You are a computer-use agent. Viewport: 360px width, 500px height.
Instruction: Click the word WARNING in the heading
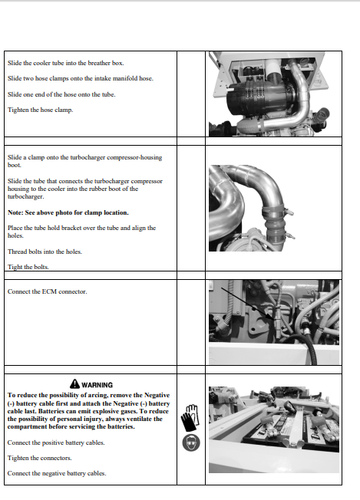(x=97, y=385)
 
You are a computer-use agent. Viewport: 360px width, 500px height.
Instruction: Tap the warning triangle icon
(x=74, y=383)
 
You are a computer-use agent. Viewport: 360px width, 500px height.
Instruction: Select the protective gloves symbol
(x=190, y=418)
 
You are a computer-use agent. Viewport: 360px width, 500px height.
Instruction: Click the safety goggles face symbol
(x=191, y=442)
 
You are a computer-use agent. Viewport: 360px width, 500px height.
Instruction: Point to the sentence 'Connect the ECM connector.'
(x=48, y=291)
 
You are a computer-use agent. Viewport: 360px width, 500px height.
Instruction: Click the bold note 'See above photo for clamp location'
(x=68, y=212)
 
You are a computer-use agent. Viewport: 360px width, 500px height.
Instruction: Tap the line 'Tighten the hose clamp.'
(x=40, y=110)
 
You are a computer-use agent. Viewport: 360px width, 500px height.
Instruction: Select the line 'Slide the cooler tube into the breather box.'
(x=66, y=63)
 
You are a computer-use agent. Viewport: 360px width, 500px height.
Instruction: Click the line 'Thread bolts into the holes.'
(x=45, y=252)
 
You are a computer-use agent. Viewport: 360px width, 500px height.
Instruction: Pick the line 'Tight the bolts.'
(x=28, y=267)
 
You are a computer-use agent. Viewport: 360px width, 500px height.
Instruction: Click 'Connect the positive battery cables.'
(x=56, y=442)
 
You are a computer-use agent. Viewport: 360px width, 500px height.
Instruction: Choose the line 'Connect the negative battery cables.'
(x=57, y=473)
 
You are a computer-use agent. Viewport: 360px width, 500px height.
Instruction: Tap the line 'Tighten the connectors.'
(x=40, y=458)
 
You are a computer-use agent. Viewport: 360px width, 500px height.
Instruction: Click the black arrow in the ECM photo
(x=247, y=303)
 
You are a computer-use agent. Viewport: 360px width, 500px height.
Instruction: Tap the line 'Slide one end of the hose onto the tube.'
(x=61, y=94)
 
